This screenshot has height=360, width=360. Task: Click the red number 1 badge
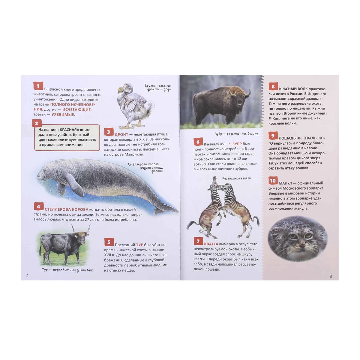click(38, 86)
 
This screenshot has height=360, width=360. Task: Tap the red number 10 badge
click(273, 181)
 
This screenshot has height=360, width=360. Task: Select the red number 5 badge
click(109, 242)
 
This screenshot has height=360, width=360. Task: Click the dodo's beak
click(120, 91)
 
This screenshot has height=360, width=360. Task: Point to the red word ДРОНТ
click(121, 134)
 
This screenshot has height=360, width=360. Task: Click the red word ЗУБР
click(237, 144)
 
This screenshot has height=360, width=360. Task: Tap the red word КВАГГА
click(211, 244)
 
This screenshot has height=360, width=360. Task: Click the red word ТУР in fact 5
click(139, 245)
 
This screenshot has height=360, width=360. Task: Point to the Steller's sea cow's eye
click(44, 170)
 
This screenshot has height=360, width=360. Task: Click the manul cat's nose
click(301, 245)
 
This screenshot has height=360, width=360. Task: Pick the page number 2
click(28, 276)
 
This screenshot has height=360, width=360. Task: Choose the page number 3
click(331, 276)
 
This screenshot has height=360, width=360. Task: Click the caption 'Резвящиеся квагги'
click(236, 178)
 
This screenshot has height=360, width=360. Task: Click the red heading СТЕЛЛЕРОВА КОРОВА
click(67, 209)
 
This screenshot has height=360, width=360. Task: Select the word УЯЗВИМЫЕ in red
click(63, 115)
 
